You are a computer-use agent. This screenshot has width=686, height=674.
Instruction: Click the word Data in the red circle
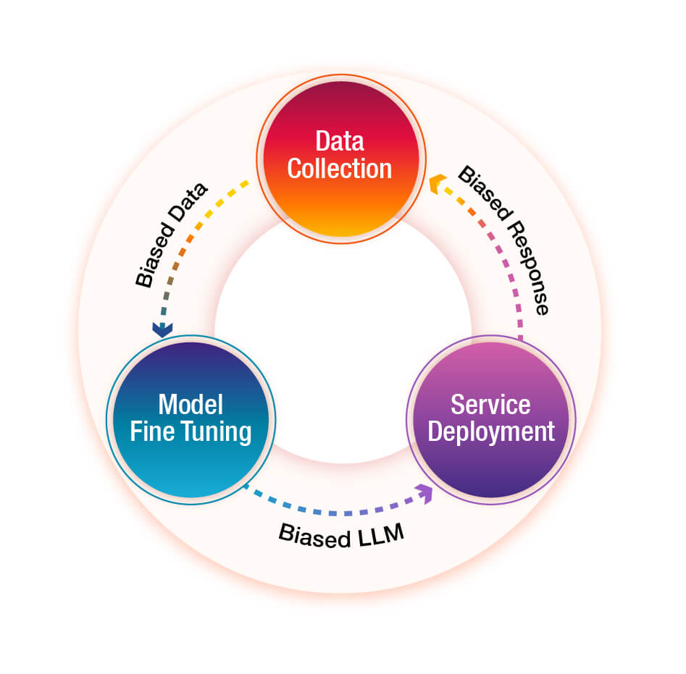point(339,140)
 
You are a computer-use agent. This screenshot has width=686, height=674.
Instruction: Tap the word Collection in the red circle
point(339,168)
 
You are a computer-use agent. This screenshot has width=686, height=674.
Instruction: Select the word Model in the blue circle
point(190,403)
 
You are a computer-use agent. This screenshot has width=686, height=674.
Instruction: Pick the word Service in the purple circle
point(490,403)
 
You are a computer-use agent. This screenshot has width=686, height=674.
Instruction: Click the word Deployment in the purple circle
point(490,431)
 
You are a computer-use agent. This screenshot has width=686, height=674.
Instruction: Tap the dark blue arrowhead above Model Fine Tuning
point(162,329)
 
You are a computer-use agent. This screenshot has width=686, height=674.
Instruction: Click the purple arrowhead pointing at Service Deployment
point(424,494)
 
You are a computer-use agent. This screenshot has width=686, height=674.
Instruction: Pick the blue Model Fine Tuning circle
point(189,463)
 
